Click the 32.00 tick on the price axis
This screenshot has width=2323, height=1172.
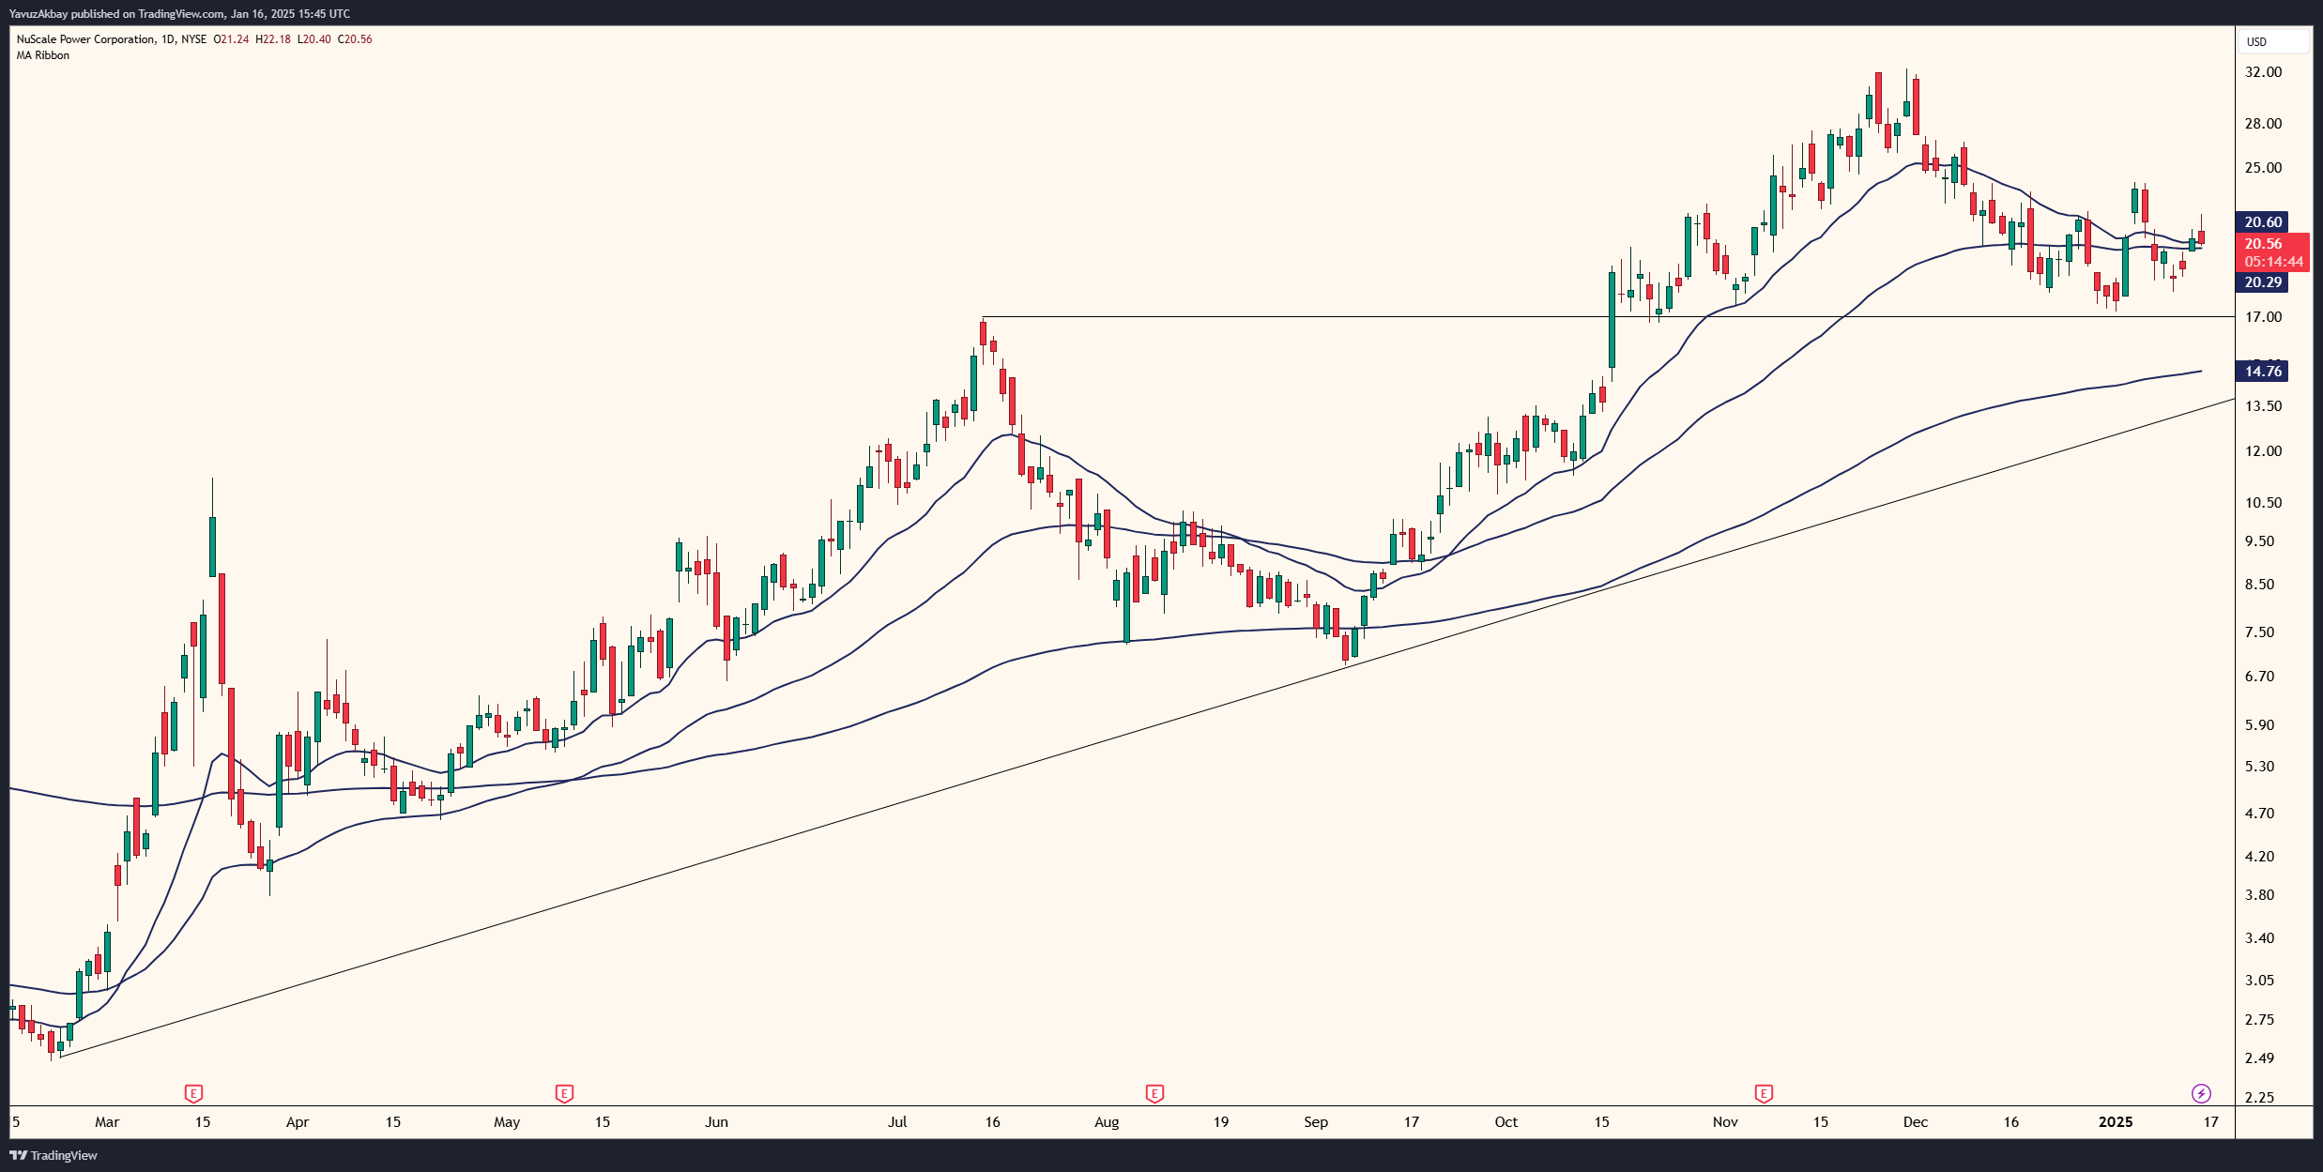(2262, 72)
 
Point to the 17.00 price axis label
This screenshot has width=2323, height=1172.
(2262, 317)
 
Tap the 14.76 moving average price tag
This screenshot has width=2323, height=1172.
(2262, 371)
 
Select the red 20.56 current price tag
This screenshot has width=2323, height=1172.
(2262, 244)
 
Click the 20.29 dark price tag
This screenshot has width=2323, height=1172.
(2262, 282)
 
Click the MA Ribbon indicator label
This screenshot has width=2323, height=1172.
(43, 55)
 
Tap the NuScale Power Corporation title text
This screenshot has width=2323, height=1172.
(85, 39)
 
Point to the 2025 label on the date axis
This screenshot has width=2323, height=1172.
(2116, 1121)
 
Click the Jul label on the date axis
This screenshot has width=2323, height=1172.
(897, 1121)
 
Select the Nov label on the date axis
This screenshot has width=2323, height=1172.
(1725, 1121)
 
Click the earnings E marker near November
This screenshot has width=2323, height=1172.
(1764, 1093)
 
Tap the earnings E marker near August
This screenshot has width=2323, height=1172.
(1154, 1093)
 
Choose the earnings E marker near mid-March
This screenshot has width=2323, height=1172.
(193, 1093)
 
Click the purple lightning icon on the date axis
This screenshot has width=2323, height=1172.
(2201, 1093)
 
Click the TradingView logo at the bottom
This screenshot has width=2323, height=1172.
(53, 1155)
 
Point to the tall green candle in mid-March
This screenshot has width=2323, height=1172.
(212, 546)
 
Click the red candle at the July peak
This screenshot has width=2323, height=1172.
(983, 333)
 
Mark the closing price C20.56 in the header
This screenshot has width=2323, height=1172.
(355, 39)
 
